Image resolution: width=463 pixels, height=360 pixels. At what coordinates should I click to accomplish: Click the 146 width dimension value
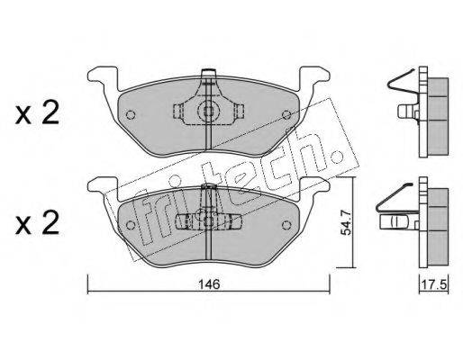pos(209,284)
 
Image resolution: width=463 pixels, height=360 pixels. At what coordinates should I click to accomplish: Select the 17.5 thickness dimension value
pos(434,284)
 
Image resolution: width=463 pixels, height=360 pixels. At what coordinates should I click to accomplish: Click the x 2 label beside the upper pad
pos(38,114)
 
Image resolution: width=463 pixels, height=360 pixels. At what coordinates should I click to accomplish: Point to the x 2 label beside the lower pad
pos(38,225)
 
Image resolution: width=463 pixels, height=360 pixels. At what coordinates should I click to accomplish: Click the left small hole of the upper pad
pos(131,114)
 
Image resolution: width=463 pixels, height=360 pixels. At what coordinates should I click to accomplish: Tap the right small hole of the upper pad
pos(286,114)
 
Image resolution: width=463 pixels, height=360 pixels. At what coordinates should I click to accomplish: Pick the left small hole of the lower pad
pos(131,225)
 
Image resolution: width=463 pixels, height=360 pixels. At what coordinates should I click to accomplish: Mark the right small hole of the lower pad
pos(286,225)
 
